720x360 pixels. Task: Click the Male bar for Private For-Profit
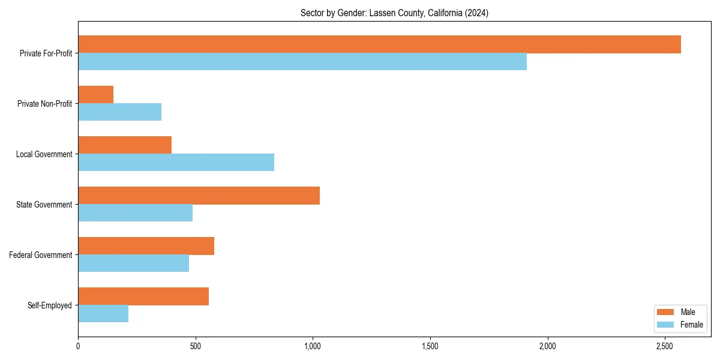pos(379,44)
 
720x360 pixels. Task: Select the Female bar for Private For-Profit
pos(302,62)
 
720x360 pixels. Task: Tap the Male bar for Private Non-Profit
pos(96,95)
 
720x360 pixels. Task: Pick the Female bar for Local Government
pos(176,163)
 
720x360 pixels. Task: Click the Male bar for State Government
pos(199,196)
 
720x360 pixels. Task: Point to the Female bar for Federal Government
pos(133,263)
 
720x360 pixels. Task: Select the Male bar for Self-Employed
pos(143,296)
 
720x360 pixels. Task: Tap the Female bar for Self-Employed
pos(103,314)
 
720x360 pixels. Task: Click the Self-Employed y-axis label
pos(50,305)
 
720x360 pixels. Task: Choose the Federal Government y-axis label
pos(41,255)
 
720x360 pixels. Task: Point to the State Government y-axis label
pos(44,205)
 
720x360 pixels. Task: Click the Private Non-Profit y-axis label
pos(44,104)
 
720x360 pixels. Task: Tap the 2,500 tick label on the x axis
pos(664,346)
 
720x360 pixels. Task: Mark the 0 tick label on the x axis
pos(78,346)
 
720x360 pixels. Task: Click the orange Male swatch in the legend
pos(665,312)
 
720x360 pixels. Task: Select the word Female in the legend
pos(691,325)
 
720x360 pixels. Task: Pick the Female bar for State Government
pos(135,213)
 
